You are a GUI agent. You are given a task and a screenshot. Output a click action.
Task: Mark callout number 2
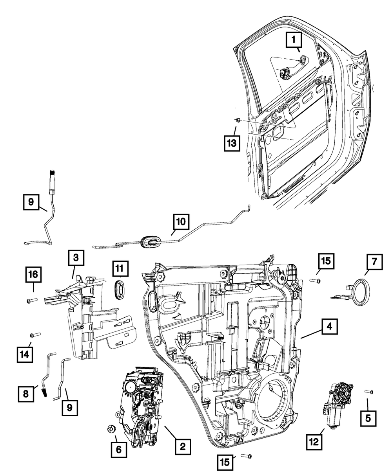183,446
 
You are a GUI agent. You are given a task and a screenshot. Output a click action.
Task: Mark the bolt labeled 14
34,335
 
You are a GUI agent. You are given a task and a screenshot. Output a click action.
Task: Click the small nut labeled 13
238,119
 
